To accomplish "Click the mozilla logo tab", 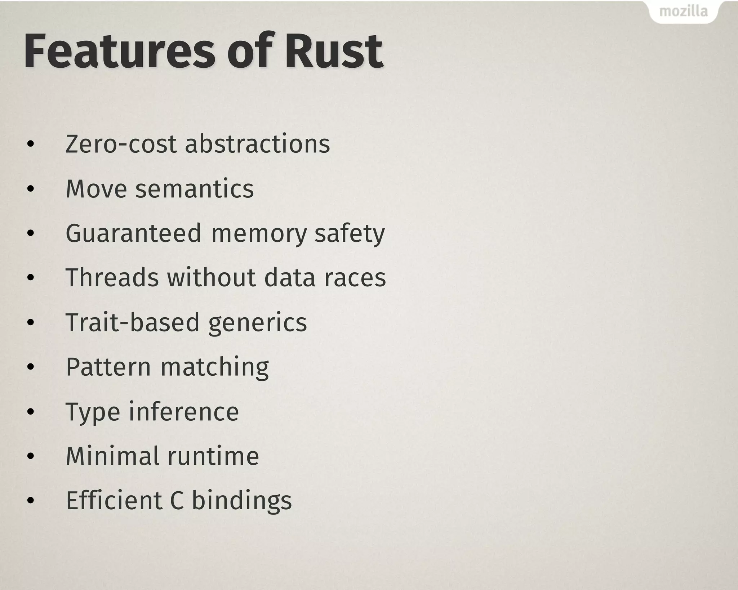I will [683, 12].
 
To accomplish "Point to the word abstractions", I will [257, 144].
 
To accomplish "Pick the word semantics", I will [195, 189].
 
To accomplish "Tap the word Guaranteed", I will [133, 233].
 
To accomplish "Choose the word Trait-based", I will [132, 322].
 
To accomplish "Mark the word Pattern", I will [108, 367].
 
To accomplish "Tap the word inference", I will [184, 411].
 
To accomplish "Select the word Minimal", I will [112, 456].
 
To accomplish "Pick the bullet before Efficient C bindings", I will [31, 501].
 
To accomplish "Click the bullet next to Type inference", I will [31, 412].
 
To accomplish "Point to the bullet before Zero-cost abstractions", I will [31, 144].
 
